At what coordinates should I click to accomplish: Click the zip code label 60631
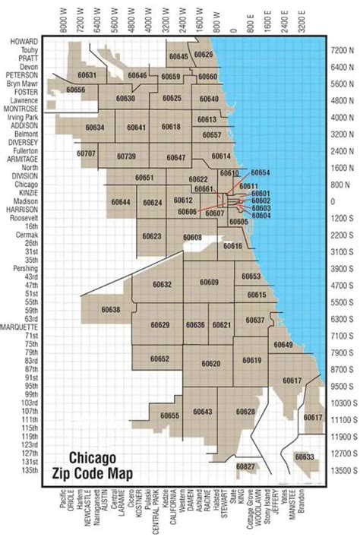click(x=87, y=76)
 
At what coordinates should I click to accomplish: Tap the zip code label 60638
click(x=110, y=310)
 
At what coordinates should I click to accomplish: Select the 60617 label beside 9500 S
click(x=292, y=380)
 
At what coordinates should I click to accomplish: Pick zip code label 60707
click(x=87, y=153)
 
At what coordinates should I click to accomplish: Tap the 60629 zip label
click(x=160, y=325)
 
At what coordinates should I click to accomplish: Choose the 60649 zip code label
click(x=283, y=345)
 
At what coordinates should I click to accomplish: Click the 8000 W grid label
click(x=64, y=19)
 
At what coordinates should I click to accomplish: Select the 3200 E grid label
click(x=304, y=19)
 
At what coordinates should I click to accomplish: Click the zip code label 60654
click(x=260, y=173)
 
